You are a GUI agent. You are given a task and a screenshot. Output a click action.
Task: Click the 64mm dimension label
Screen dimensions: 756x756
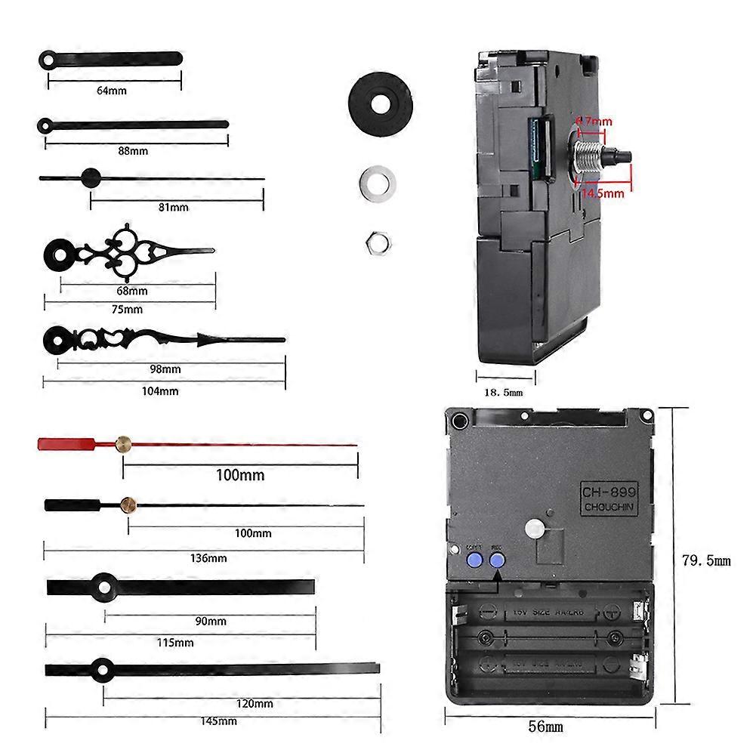click(x=112, y=91)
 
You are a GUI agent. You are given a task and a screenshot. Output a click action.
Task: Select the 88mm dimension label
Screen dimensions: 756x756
click(x=134, y=151)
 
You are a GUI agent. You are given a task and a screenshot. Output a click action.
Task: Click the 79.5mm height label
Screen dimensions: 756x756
click(x=706, y=560)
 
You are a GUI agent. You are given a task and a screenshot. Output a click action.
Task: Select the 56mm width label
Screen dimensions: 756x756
click(x=545, y=727)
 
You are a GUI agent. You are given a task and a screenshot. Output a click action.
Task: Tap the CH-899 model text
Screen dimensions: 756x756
click(x=609, y=491)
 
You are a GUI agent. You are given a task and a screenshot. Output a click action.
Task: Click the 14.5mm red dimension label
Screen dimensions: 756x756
click(x=602, y=193)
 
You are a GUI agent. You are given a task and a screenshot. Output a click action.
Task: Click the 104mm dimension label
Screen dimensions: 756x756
click(x=160, y=391)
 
